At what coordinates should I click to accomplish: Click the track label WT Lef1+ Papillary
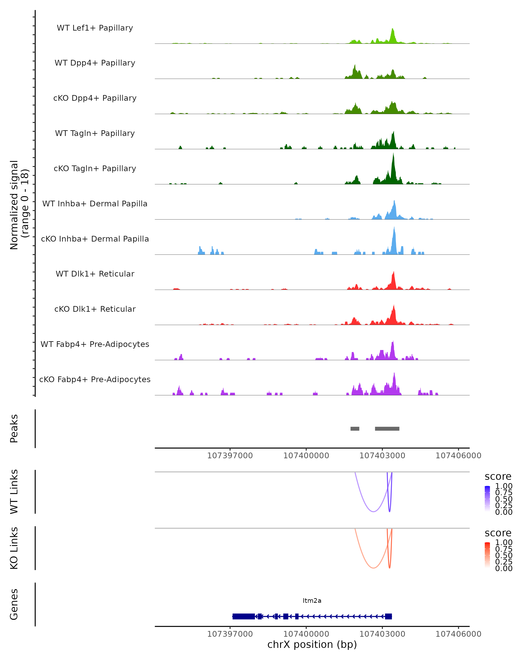[x=95, y=28]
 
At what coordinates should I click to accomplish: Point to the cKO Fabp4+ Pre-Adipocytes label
[x=95, y=379]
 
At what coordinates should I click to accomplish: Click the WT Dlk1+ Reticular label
[x=95, y=274]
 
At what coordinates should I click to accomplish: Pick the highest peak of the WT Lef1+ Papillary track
[x=393, y=29]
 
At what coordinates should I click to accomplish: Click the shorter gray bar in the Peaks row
[x=355, y=429]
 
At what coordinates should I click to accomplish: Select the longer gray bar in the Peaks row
[x=387, y=429]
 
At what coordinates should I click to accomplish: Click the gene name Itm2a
[x=312, y=601]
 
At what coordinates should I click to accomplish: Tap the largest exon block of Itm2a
[x=244, y=616]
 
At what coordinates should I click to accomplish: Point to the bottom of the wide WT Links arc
[x=373, y=511]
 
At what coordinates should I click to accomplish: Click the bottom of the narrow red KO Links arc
[x=389, y=568]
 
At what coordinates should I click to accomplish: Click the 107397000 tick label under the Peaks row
[x=230, y=456]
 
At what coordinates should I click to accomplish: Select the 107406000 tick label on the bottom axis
[x=458, y=634]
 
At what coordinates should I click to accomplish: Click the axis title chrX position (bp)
[x=312, y=645]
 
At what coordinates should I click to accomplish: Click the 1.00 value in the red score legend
[x=504, y=543]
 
